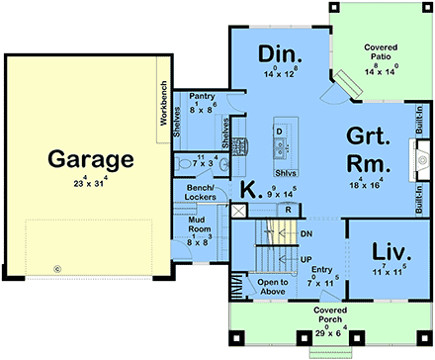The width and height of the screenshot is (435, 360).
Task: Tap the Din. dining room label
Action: pos(280,52)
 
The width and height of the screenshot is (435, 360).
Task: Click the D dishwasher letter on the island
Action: pos(280,132)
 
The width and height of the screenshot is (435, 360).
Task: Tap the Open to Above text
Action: pos(271,287)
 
